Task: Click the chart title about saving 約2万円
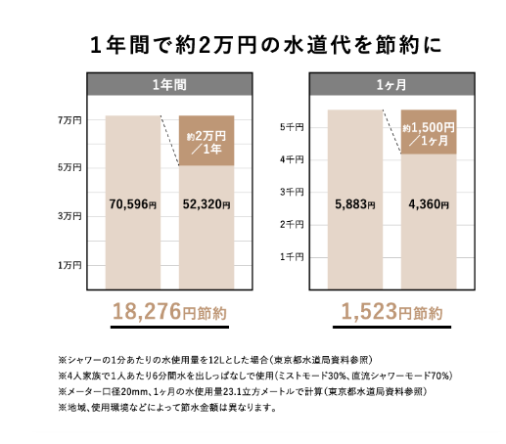[x=265, y=45]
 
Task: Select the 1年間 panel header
[x=169, y=84]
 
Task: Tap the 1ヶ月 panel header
[x=391, y=84]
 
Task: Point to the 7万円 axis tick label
[x=69, y=120]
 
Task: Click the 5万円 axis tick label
[x=69, y=167]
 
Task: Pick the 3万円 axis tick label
[x=69, y=216]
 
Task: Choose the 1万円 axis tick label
[x=69, y=265]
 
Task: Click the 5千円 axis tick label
[x=292, y=127]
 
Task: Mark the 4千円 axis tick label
[x=292, y=159]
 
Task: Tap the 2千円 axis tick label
[x=292, y=224]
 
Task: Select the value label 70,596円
[x=133, y=204]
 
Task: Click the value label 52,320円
[x=207, y=204]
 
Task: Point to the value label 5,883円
[x=355, y=204]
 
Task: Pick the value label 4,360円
[x=429, y=204]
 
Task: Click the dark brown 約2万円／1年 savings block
[x=207, y=141]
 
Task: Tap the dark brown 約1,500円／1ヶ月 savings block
[x=429, y=132]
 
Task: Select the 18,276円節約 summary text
[x=169, y=312]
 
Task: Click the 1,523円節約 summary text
[x=391, y=312]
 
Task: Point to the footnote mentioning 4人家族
[x=255, y=376]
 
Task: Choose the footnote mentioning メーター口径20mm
[x=243, y=391]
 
